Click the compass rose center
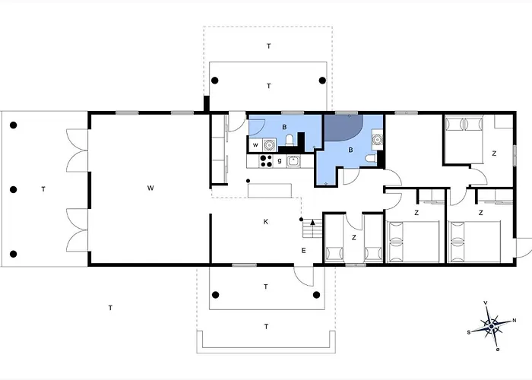pyautogui.click(x=491, y=327)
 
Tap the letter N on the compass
pyautogui.click(x=515, y=320)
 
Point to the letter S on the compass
pyautogui.click(x=469, y=333)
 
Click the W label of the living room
pyautogui.click(x=150, y=188)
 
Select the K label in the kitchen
pyautogui.click(x=266, y=222)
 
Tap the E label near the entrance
pyautogui.click(x=304, y=250)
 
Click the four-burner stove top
pyautogui.click(x=266, y=161)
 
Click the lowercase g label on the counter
pyautogui.click(x=280, y=161)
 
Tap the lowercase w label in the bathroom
pyautogui.click(x=255, y=145)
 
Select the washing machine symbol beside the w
pyautogui.click(x=269, y=145)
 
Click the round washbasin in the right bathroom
pyautogui.click(x=377, y=139)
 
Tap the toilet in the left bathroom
pyautogui.click(x=290, y=140)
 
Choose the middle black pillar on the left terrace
pyautogui.click(x=13, y=189)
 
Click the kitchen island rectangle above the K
pyautogui.click(x=270, y=190)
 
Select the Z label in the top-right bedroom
pyautogui.click(x=494, y=154)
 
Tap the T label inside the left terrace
pyautogui.click(x=43, y=189)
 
